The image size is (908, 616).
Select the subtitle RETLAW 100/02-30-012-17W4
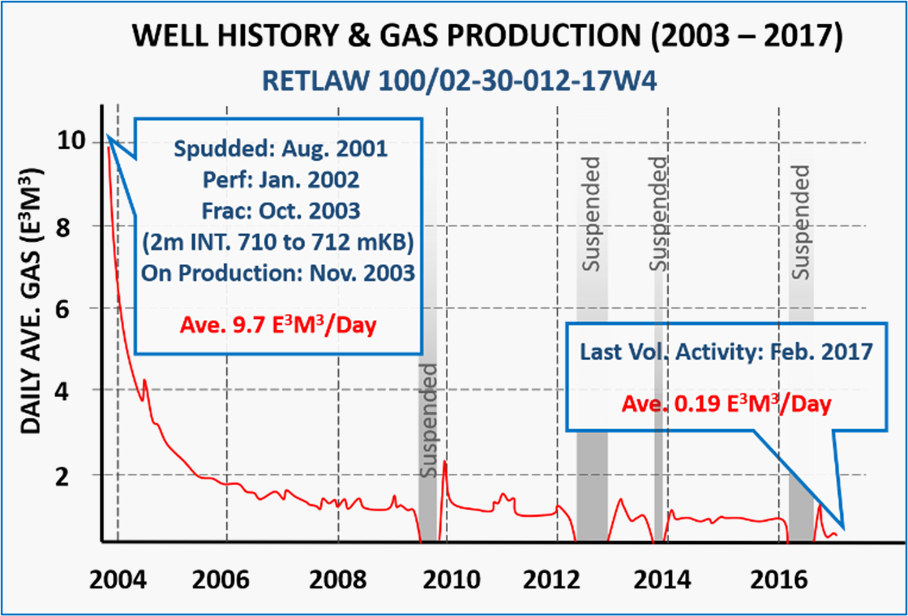(x=459, y=81)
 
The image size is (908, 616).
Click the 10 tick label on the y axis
(x=71, y=141)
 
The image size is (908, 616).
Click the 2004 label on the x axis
(x=117, y=580)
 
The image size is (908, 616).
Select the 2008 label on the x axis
(x=338, y=580)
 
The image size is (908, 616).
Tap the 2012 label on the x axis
(x=551, y=580)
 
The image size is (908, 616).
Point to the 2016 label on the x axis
(x=779, y=580)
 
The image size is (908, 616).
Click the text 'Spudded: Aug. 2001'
(x=280, y=149)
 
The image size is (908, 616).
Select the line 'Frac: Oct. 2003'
(x=280, y=211)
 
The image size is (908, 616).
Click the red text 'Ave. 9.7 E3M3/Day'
(x=278, y=325)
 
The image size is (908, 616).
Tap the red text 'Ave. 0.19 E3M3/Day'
(x=726, y=403)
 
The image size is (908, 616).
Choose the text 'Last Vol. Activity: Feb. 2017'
(x=726, y=351)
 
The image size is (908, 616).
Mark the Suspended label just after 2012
(x=591, y=214)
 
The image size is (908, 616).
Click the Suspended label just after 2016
(x=800, y=222)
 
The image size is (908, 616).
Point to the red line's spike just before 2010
(x=444, y=463)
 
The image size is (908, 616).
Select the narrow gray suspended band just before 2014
(x=658, y=408)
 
